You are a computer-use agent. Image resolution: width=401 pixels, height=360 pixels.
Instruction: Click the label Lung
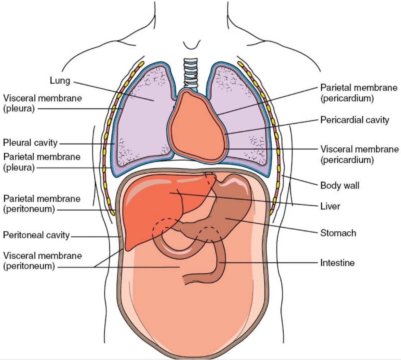[60, 81]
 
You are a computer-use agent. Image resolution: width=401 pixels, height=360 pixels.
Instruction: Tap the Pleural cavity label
[30, 143]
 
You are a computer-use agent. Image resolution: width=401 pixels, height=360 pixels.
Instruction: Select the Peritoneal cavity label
[36, 235]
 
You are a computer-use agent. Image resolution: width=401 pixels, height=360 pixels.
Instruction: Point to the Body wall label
[340, 185]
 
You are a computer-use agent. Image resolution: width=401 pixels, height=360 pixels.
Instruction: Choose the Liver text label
[330, 206]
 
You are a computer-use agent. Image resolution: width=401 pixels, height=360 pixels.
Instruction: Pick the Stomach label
[338, 233]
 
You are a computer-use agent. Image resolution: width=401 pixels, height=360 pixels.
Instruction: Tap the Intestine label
[337, 263]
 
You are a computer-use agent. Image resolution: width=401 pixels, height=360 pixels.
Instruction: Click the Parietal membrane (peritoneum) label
[42, 204]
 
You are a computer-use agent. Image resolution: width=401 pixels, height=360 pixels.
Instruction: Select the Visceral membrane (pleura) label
[42, 103]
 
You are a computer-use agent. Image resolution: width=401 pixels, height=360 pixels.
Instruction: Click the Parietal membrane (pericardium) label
[359, 93]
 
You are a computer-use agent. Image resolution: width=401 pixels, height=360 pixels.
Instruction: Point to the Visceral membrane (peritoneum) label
[42, 261]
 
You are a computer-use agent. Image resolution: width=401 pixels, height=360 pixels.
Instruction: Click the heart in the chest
[197, 126]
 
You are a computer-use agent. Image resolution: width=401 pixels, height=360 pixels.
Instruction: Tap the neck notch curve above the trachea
[192, 47]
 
